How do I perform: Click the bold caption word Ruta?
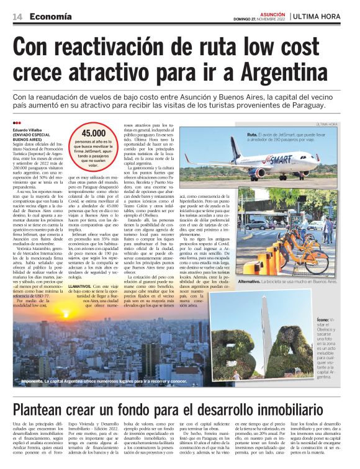pos(251,135)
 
